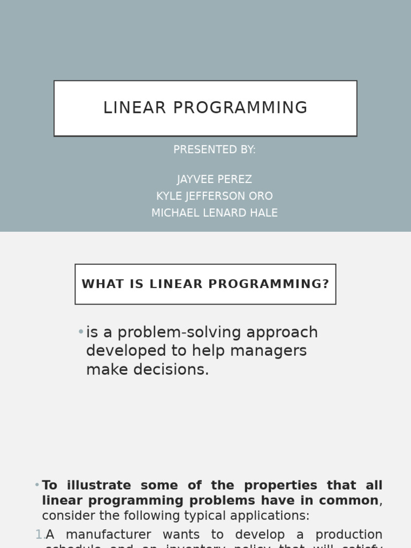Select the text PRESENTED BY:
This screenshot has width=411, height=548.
point(214,150)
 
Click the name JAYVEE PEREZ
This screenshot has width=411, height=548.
point(214,179)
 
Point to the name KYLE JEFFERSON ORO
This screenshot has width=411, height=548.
point(214,196)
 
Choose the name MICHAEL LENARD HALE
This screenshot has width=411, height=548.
point(214,213)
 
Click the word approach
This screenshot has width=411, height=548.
point(289,332)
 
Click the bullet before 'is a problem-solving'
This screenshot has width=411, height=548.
point(81,332)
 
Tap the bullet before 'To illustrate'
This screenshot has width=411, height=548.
point(37,485)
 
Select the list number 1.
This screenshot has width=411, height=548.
point(39,535)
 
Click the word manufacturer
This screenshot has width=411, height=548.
point(108,535)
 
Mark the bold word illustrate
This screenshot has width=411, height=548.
point(101,485)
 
